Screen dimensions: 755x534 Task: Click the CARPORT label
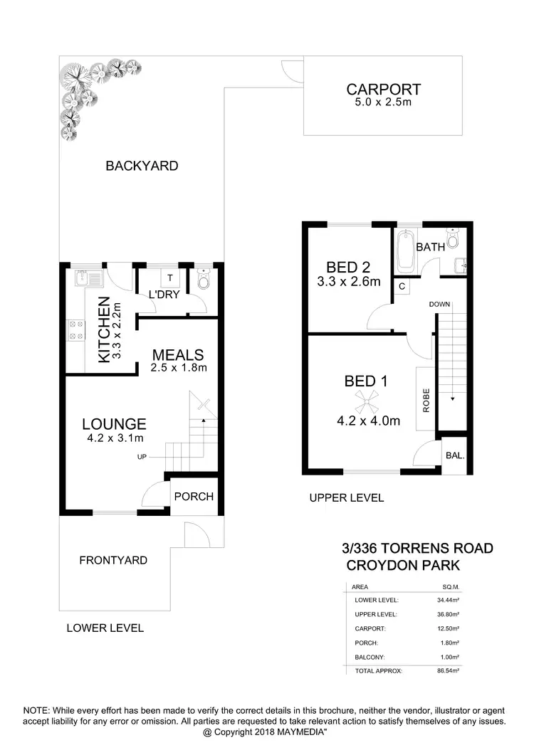(383, 90)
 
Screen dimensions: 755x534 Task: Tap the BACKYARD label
(142, 166)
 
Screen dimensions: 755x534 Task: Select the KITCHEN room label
(105, 329)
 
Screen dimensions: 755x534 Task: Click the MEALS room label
(178, 354)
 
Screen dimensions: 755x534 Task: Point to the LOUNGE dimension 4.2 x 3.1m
(114, 438)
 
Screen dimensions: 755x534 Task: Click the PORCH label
(194, 496)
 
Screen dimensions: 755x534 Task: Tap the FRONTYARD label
(113, 560)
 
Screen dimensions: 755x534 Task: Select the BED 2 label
(348, 268)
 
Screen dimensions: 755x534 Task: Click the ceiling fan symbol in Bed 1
(367, 401)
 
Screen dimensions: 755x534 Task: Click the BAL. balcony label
(454, 455)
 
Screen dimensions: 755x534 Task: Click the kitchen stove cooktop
(75, 329)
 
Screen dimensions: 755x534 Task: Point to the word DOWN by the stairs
(439, 305)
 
